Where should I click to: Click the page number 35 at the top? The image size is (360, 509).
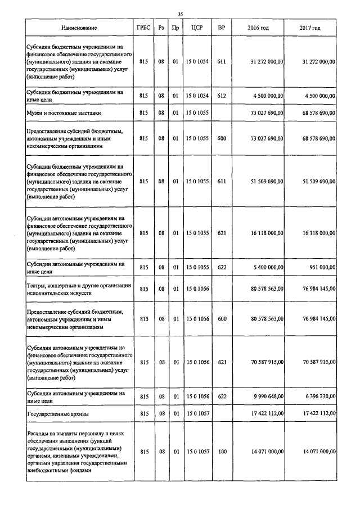(180, 14)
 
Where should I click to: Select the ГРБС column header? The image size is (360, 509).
(143, 28)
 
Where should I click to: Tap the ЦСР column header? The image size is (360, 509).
(197, 28)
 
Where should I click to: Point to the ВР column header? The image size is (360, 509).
(221, 28)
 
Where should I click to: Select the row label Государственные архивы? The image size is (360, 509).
(58, 413)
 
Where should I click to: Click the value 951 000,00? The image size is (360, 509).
(322, 268)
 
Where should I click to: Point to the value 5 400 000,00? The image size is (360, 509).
(267, 268)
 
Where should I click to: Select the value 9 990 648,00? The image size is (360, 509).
(267, 397)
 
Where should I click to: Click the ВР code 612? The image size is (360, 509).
(221, 96)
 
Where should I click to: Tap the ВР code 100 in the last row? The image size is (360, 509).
(221, 452)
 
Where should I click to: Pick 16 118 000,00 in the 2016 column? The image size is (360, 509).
(265, 233)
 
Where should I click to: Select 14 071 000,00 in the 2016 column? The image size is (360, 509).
(265, 452)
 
